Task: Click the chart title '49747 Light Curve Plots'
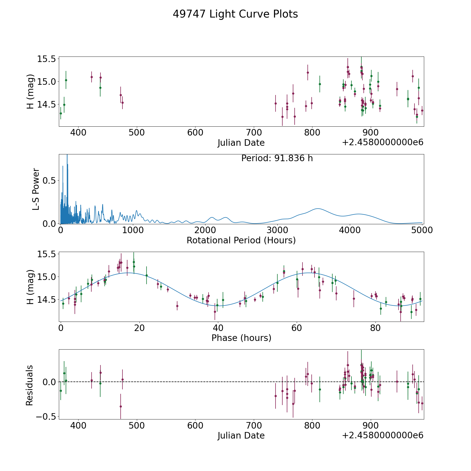tap(235, 14)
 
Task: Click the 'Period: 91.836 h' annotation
tap(277, 158)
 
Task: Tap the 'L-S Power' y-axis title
tap(36, 189)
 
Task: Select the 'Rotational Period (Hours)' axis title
tap(241, 240)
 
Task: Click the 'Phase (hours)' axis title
tap(241, 338)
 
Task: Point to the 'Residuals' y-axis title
tap(30, 385)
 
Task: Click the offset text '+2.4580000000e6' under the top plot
tap(383, 143)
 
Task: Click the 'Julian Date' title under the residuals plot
tap(241, 435)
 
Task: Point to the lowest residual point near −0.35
tap(121, 406)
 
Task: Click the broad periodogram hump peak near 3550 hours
tap(318, 209)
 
